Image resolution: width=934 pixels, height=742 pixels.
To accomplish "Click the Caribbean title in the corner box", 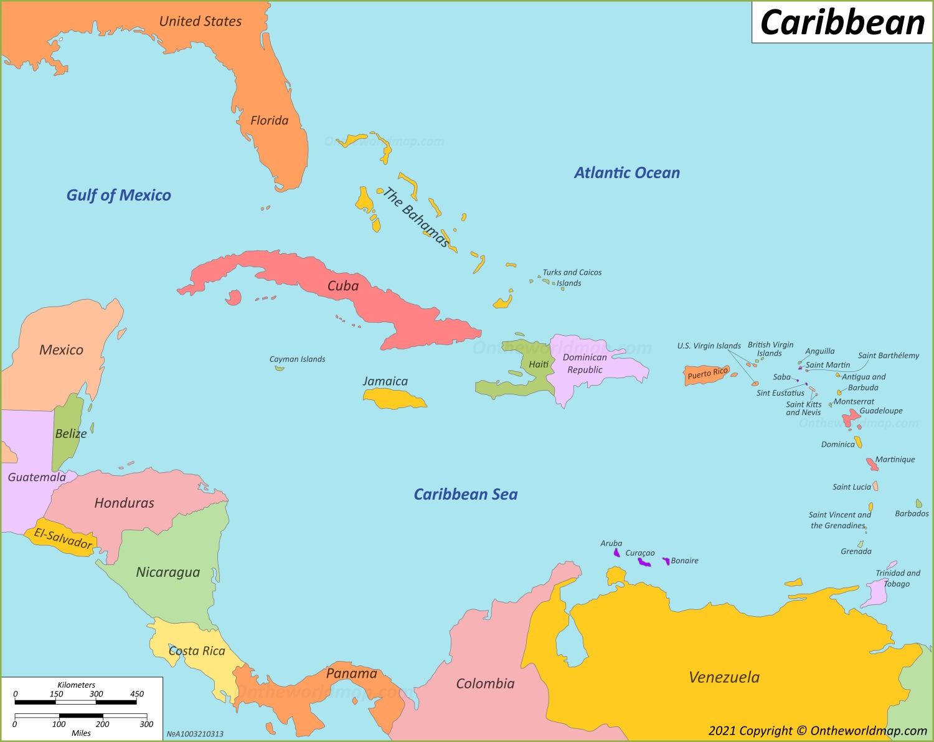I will tap(842, 23).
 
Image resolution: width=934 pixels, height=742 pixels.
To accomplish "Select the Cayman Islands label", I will tap(297, 359).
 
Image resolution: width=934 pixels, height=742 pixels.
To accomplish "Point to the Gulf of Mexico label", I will tap(118, 195).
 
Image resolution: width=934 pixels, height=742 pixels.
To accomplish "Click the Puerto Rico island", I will tap(705, 376).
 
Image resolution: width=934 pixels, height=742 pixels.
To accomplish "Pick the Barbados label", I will tap(912, 513).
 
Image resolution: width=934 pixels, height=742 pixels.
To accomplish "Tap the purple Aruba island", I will tap(616, 553).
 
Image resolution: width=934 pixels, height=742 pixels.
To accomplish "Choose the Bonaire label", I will tap(684, 561).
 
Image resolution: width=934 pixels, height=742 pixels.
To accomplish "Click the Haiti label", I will tap(539, 364).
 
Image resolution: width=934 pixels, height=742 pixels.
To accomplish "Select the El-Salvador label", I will tap(63, 538).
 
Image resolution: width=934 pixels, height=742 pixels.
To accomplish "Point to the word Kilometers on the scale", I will tap(76, 685).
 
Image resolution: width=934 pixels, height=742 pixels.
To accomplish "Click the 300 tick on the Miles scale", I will tap(146, 724).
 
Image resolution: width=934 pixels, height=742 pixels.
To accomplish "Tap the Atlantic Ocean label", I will tap(626, 173).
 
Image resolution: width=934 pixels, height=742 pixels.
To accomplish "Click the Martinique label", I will tap(895, 459).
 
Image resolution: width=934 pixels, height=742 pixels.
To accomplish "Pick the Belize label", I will tap(70, 434).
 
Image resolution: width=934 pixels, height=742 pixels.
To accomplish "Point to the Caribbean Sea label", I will tap(466, 494).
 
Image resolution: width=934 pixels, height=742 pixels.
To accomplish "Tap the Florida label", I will tap(269, 120).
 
